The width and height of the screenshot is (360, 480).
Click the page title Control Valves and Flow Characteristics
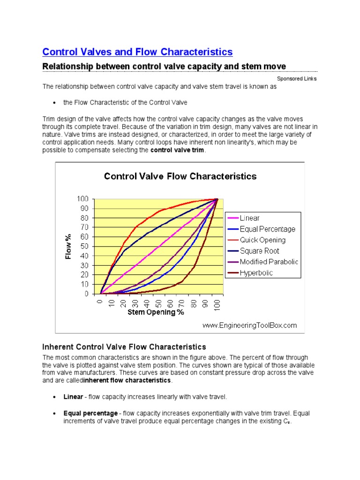point(137,51)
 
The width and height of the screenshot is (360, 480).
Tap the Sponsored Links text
point(297,78)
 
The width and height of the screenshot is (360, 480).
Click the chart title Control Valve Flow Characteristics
point(180,176)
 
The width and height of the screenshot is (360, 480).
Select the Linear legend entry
point(249,218)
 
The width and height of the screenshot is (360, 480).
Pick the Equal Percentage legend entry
point(267,229)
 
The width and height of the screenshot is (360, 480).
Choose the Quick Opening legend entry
point(262,240)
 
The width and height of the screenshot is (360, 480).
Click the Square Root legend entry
point(259,251)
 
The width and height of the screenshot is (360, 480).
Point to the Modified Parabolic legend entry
point(269,262)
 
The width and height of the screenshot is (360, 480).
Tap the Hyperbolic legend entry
point(256,272)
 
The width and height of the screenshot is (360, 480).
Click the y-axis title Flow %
point(68,246)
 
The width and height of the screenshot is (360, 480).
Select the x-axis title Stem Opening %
point(156,313)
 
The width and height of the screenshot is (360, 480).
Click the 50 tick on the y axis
point(85,247)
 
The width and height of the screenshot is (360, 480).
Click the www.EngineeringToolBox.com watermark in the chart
point(249,325)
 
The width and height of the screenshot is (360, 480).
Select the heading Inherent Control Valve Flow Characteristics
point(124,347)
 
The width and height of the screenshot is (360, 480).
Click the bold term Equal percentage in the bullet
point(90,413)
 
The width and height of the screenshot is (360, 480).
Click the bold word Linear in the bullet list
point(73,397)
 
